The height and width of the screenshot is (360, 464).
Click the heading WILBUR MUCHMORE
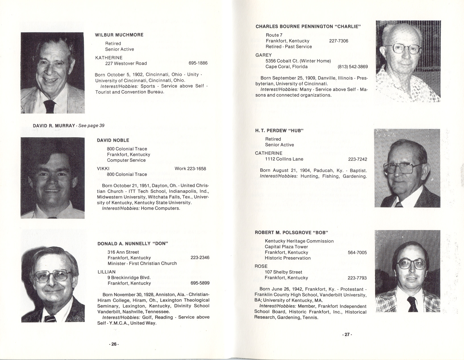point(119,35)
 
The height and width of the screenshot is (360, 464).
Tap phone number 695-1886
point(198,63)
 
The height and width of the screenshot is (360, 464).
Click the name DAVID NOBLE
point(113,140)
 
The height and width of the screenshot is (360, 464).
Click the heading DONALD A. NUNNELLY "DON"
point(133,244)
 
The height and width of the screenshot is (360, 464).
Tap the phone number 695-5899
point(200,283)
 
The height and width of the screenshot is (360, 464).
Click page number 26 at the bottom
point(114,344)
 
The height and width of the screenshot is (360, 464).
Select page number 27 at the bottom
point(347,335)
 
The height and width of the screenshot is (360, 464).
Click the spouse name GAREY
point(264,55)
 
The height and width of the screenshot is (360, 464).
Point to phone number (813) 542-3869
point(353,67)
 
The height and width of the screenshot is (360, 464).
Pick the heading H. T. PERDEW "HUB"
point(279,131)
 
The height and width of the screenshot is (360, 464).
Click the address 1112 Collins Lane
point(284,159)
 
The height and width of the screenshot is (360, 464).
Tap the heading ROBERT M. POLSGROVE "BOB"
point(291,233)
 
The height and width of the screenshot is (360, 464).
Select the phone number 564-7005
point(357,253)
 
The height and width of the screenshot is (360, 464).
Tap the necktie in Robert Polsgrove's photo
point(412,303)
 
